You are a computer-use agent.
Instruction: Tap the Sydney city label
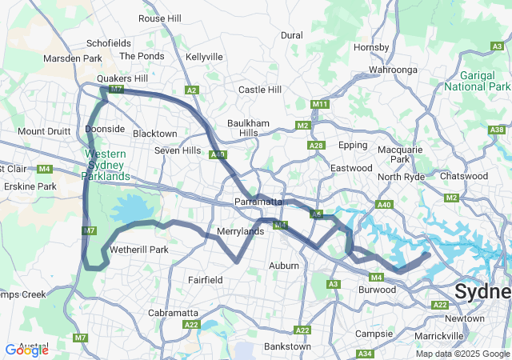(482, 292)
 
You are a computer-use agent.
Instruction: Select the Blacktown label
(154, 134)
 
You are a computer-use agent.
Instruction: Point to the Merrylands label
(241, 232)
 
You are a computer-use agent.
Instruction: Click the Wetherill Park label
(139, 250)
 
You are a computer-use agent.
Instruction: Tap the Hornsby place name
(371, 47)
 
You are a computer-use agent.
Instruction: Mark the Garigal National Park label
(478, 80)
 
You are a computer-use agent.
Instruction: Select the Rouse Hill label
(160, 18)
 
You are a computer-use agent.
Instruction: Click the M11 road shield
(321, 105)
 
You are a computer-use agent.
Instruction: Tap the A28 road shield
(316, 146)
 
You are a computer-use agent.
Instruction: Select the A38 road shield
(497, 130)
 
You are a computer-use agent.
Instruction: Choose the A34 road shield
(365, 354)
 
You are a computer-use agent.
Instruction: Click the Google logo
(27, 350)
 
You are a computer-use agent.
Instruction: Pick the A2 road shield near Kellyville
(191, 90)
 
